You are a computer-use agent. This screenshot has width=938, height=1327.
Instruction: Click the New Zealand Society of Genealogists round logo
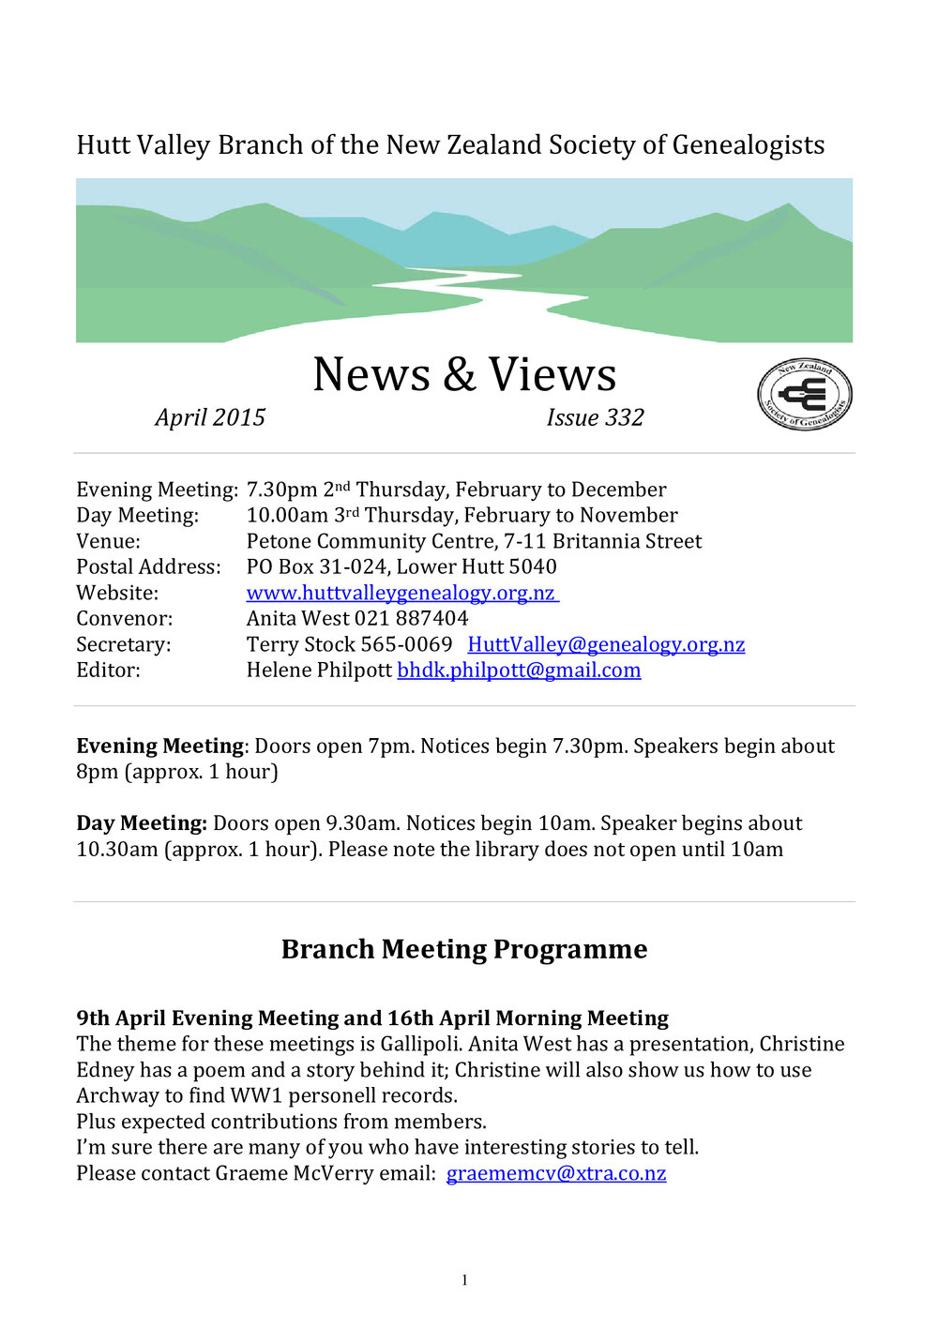[804, 395]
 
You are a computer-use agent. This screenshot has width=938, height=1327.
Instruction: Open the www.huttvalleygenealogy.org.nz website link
[401, 593]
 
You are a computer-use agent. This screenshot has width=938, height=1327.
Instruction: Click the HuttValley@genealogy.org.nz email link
[606, 644]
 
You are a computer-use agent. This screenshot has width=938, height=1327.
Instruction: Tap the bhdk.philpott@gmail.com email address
[519, 671]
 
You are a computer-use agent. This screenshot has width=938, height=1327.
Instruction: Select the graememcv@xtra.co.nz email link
[556, 1173]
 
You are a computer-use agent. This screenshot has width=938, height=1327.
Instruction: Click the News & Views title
[464, 374]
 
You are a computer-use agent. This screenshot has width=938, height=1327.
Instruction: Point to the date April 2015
[210, 417]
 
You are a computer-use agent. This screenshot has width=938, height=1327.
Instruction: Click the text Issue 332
[595, 417]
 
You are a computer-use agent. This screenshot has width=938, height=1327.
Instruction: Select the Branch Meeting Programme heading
[464, 949]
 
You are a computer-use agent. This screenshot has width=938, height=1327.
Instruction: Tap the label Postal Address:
[148, 567]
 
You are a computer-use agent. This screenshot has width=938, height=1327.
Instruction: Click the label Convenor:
[124, 619]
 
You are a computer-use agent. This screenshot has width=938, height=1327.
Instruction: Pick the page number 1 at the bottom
[464, 1280]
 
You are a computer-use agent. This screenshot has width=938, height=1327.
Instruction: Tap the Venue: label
[108, 541]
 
